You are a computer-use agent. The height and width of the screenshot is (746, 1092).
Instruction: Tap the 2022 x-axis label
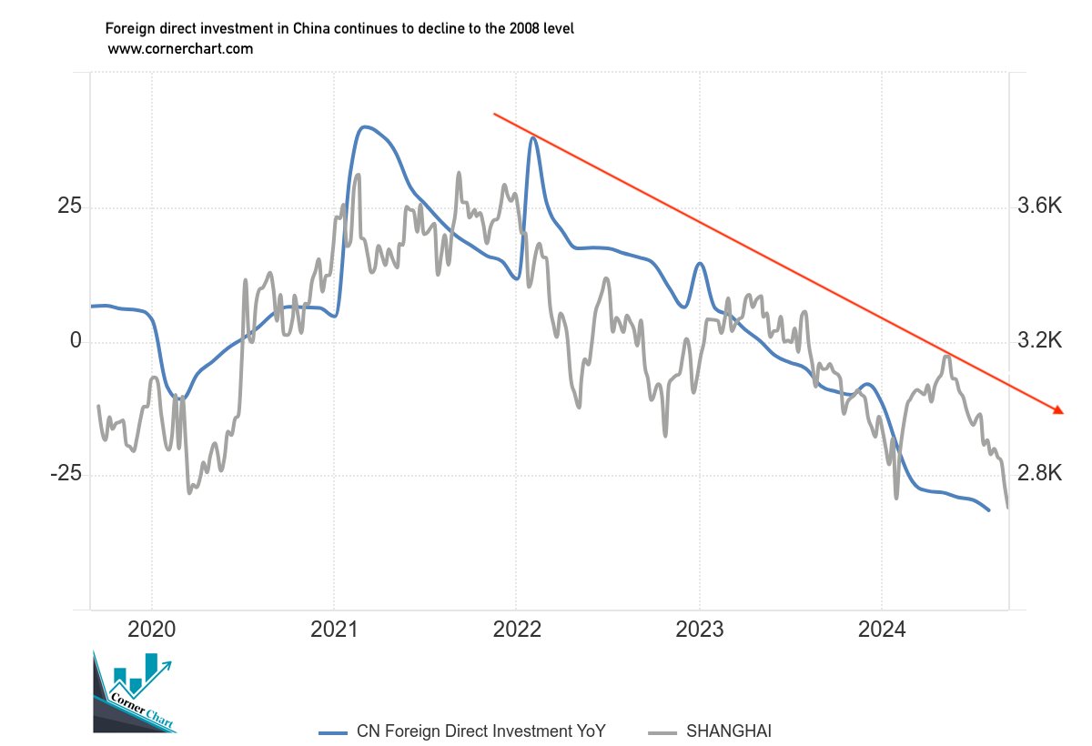click(x=516, y=630)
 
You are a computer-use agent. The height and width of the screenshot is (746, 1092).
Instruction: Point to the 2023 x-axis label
click(x=699, y=630)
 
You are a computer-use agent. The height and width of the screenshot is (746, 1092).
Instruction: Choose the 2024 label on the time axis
click(x=882, y=630)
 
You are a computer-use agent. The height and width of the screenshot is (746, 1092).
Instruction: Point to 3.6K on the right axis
click(x=1040, y=207)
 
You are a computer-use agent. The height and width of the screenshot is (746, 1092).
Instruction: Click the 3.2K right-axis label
click(x=1040, y=341)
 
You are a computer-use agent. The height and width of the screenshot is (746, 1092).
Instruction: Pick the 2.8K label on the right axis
click(x=1040, y=475)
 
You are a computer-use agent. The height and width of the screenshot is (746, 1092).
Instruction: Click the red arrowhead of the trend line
click(x=1058, y=411)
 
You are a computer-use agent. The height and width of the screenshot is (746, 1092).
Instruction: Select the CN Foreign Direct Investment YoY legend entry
click(x=463, y=731)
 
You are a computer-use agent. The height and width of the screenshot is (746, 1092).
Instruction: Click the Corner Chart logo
click(x=135, y=693)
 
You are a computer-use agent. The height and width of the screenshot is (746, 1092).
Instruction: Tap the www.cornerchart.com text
click(x=180, y=49)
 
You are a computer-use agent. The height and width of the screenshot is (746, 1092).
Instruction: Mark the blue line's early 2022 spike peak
click(x=533, y=137)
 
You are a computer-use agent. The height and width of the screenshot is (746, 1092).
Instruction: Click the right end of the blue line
click(x=989, y=510)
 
